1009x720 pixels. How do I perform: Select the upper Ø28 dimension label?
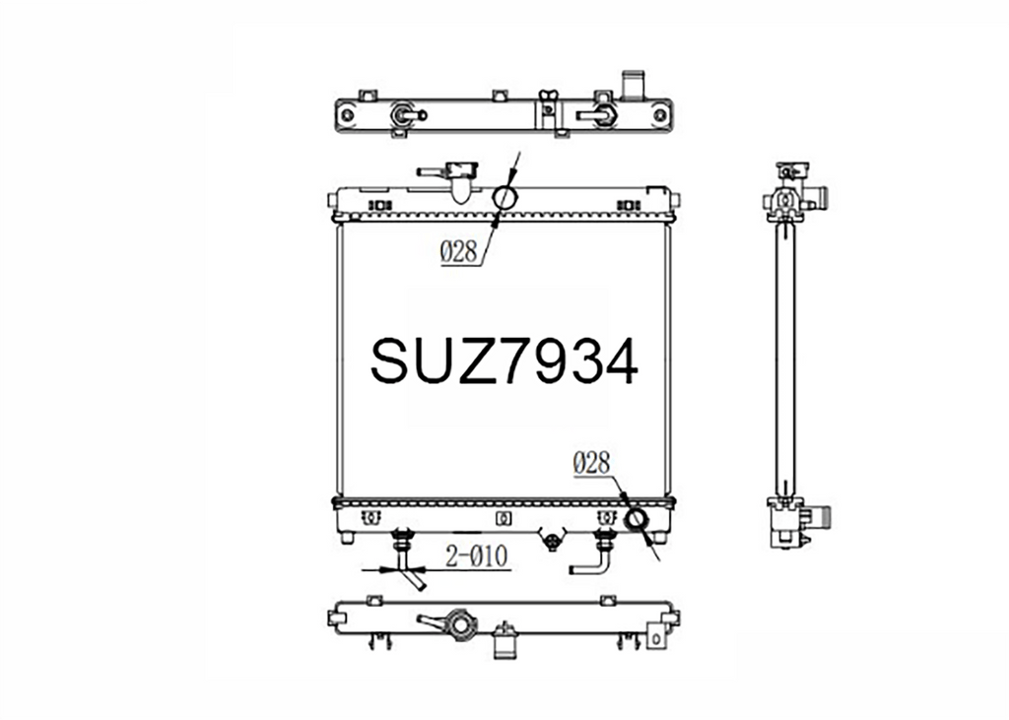point(459,252)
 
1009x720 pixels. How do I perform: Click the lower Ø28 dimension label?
point(591,463)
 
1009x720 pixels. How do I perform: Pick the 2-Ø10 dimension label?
point(477,556)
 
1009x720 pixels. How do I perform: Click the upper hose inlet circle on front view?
point(505,198)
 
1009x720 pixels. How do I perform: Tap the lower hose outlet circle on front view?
point(637,519)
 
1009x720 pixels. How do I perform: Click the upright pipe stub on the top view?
point(632,86)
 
